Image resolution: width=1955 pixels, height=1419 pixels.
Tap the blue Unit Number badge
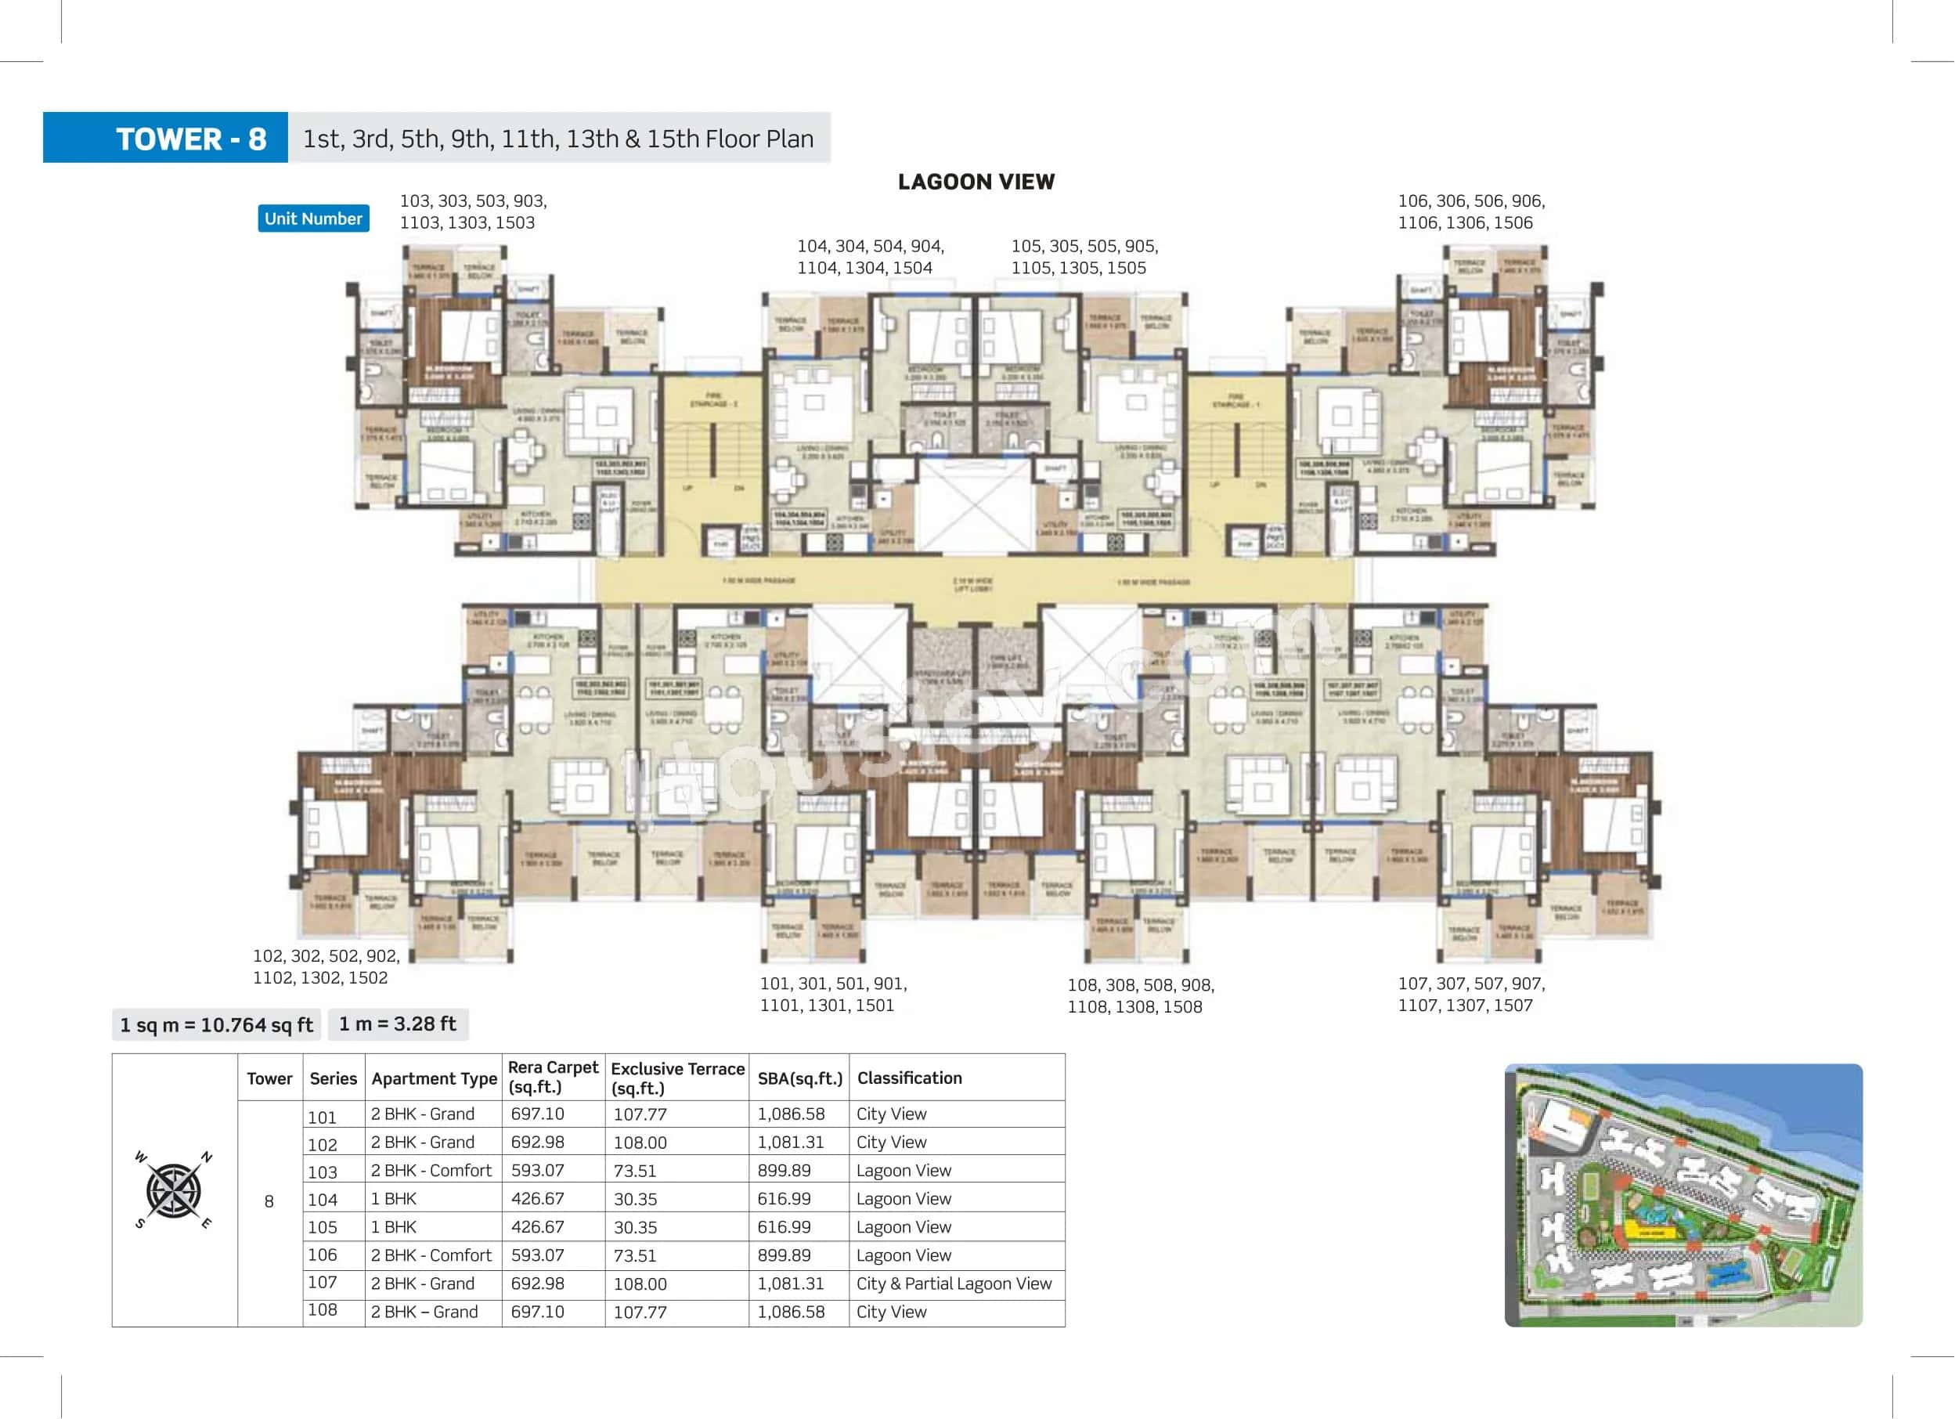313,218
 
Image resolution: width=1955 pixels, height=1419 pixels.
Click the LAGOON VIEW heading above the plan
976,182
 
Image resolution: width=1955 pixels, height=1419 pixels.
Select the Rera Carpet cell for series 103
537,1170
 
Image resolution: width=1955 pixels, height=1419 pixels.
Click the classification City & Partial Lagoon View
954,1283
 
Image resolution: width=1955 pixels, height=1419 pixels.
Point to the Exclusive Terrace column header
676,1078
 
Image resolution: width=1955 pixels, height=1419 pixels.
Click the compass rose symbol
173,1190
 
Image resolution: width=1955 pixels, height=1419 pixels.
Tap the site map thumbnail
1683,1194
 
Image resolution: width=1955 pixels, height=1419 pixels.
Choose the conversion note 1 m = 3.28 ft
398,1024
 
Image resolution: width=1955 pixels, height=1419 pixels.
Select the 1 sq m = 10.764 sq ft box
215,1024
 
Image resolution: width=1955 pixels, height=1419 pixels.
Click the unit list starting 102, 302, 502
325,966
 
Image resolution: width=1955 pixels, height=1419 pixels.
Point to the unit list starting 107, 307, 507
1470,993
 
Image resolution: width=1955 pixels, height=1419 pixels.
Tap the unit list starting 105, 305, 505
1084,256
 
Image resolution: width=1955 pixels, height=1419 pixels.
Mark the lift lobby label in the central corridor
973,584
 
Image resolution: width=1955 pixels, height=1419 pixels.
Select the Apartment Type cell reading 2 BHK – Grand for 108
424,1311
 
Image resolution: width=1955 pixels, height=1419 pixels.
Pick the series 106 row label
323,1255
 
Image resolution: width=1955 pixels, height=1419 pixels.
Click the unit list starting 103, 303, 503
472,211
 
